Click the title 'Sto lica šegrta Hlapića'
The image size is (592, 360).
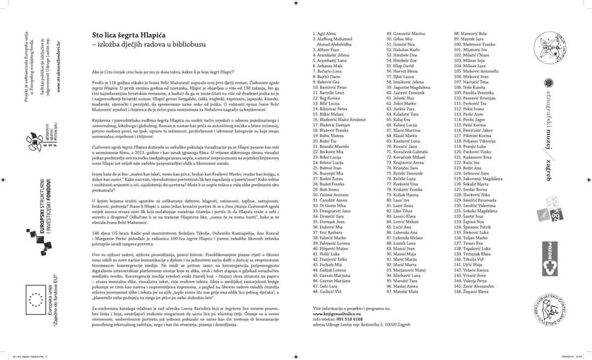[131, 36]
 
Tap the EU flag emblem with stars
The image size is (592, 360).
[36, 298]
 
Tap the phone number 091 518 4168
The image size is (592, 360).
[347, 319]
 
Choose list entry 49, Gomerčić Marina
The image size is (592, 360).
[405, 34]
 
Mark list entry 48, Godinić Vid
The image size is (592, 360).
[328, 291]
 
